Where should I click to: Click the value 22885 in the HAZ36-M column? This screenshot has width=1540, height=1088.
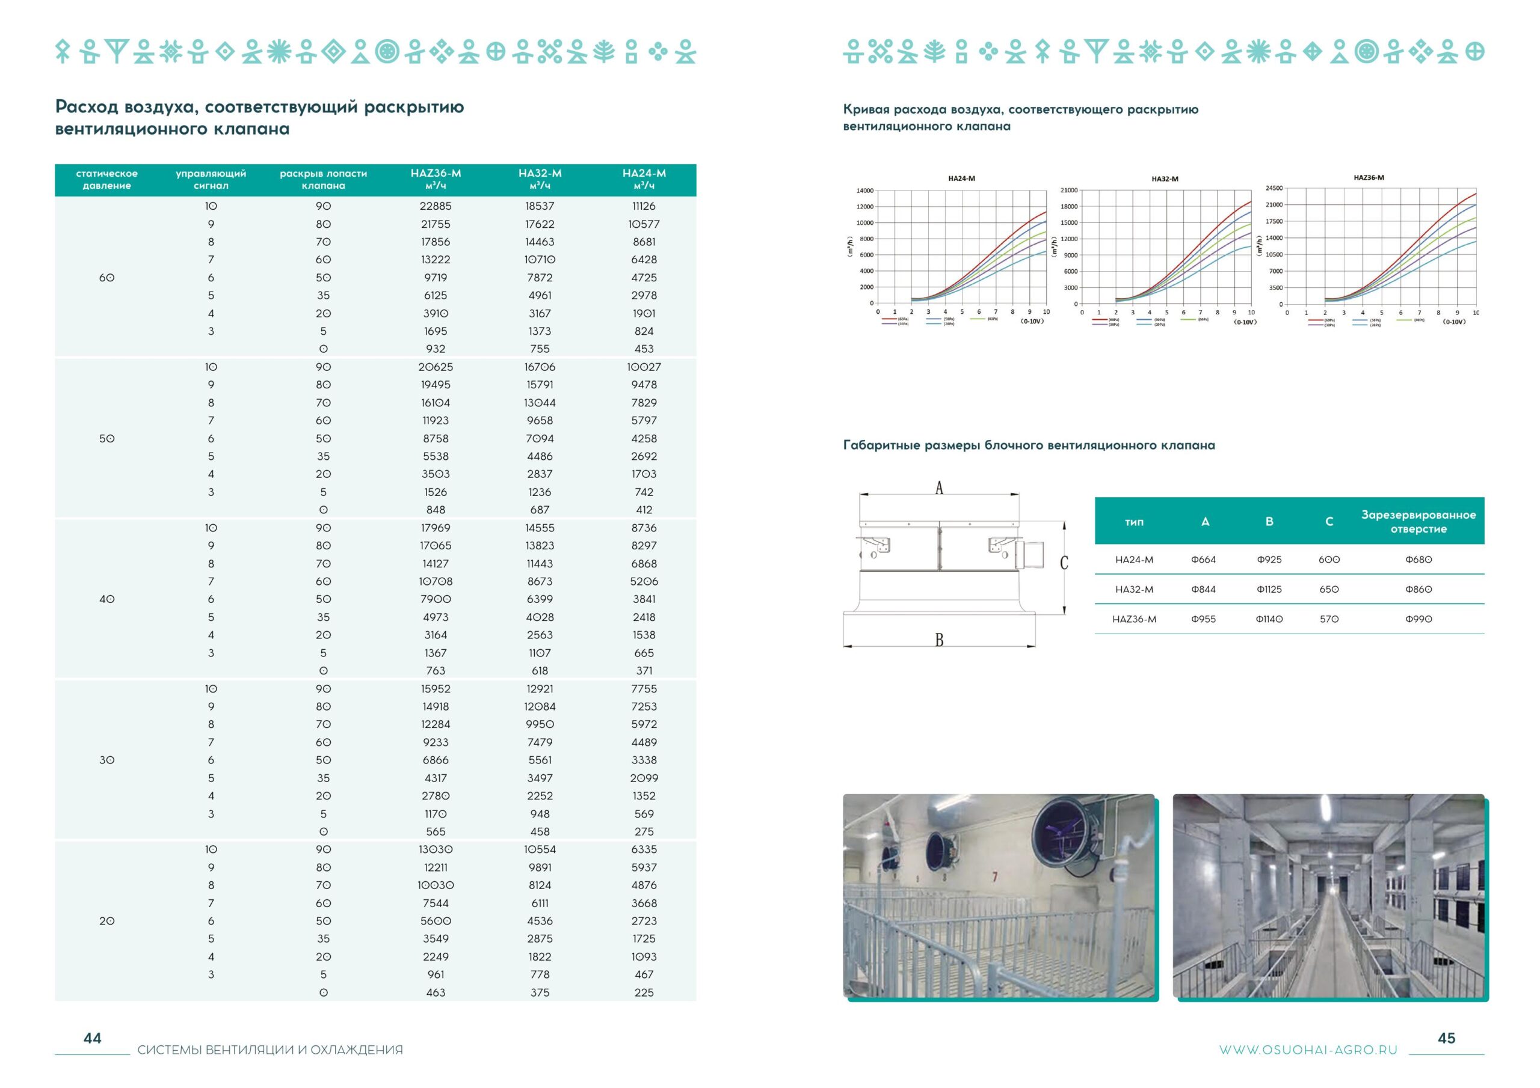[436, 206]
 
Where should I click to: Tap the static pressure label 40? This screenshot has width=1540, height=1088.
[106, 599]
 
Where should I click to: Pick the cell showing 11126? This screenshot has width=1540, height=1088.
[643, 206]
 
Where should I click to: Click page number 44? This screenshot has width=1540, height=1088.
[92, 1038]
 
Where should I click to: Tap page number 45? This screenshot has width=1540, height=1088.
[1446, 1038]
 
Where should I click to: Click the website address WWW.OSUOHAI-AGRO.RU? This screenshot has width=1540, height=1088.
[1307, 1050]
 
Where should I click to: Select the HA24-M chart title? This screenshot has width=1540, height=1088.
[961, 179]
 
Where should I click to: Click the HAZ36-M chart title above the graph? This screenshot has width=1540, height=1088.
[1369, 178]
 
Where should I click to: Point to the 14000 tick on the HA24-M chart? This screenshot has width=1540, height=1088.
[864, 191]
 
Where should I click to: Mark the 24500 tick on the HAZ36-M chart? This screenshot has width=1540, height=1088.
[1274, 188]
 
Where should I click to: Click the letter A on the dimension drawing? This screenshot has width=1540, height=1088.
[939, 487]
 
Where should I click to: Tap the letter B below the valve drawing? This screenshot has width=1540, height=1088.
[939, 640]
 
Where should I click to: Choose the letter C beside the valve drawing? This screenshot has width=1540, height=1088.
[1064, 563]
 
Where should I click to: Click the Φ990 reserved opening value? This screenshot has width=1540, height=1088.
[1418, 619]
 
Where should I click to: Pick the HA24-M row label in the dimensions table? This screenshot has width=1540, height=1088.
[1133, 559]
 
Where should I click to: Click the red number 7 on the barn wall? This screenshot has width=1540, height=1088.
[995, 876]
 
